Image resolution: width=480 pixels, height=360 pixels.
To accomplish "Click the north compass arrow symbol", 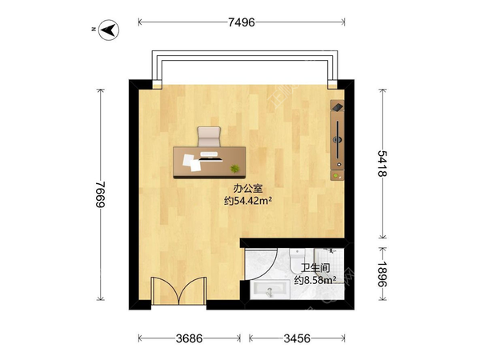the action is pyautogui.click(x=109, y=30).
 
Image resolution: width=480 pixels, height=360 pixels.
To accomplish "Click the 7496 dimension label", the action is pyautogui.click(x=242, y=22).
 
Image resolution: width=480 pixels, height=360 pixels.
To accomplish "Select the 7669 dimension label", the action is pyautogui.click(x=100, y=194).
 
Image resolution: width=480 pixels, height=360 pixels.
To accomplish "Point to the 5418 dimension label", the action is pyautogui.click(x=382, y=163).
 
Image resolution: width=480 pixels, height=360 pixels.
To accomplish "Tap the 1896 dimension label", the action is pyautogui.click(x=382, y=274).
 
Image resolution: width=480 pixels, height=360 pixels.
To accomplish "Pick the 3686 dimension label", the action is pyautogui.click(x=189, y=338).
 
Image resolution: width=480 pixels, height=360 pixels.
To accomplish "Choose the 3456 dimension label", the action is pyautogui.click(x=297, y=338).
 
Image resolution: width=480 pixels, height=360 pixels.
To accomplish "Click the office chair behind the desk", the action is pyautogui.click(x=209, y=137).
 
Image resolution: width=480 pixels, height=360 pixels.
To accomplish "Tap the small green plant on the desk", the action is pyautogui.click(x=234, y=168).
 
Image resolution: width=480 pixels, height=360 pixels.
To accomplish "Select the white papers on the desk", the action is pyautogui.click(x=192, y=162).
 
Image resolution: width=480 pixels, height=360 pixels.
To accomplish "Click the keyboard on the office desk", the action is pyautogui.click(x=209, y=154).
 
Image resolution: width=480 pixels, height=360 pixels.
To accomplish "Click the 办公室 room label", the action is pyautogui.click(x=248, y=188).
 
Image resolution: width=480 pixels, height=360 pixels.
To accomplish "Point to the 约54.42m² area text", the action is pyautogui.click(x=248, y=201).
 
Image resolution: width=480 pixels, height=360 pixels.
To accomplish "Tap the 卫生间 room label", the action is pyautogui.click(x=315, y=268).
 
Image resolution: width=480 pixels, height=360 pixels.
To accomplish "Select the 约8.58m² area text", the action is pyautogui.click(x=315, y=280).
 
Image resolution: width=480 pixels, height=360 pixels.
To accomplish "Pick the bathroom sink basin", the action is pyautogui.click(x=270, y=290).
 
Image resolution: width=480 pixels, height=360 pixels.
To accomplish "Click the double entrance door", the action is pyautogui.click(x=179, y=291).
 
